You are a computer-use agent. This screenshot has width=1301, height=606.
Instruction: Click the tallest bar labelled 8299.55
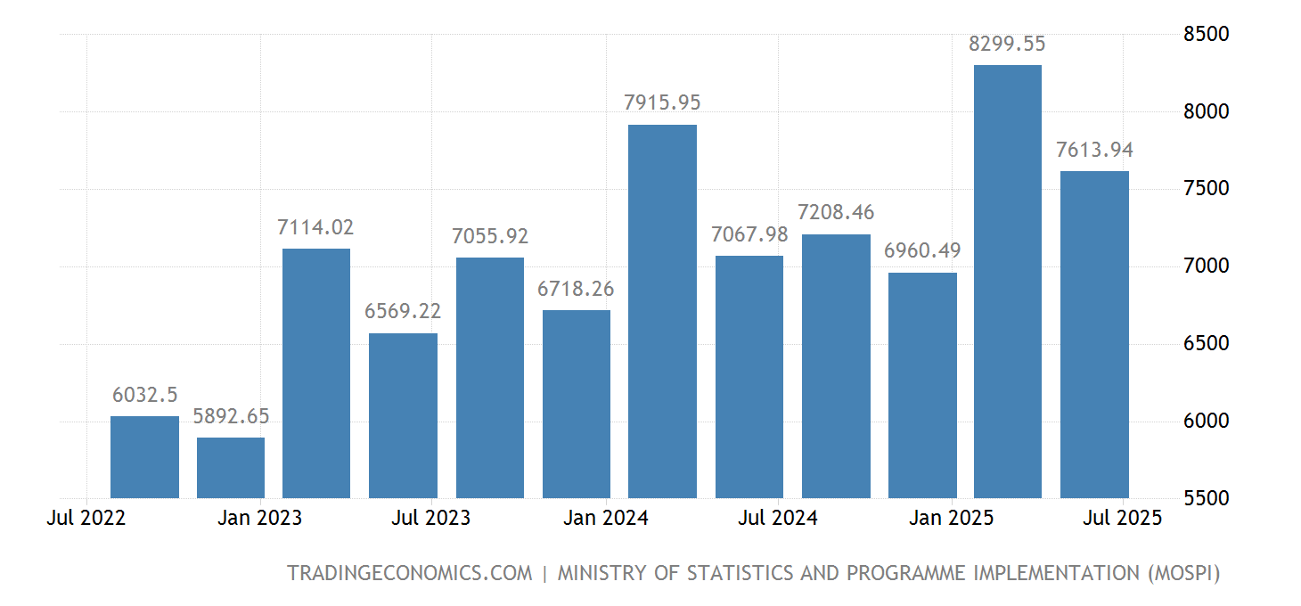[x=1008, y=281]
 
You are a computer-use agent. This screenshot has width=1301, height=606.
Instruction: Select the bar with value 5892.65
[x=231, y=468]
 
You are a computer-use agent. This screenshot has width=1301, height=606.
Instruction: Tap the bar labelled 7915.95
[x=663, y=311]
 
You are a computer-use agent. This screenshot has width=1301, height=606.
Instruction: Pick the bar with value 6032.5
[x=144, y=457]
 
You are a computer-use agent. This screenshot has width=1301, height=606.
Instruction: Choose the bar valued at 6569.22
[x=403, y=415]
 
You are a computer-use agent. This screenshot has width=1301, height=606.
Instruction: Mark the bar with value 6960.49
[x=922, y=385]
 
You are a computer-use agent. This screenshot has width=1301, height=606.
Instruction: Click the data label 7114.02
[x=315, y=227]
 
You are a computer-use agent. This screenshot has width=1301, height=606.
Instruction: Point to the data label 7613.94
[x=1094, y=150]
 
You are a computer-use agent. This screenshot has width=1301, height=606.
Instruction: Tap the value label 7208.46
[x=836, y=213]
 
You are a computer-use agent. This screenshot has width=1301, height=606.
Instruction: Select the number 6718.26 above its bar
[x=576, y=289]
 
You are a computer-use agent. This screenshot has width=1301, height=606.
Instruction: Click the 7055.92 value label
[x=490, y=236]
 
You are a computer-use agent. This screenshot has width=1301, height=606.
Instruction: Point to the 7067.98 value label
[x=749, y=234]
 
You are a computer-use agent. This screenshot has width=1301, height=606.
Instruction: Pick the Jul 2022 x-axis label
[x=86, y=518]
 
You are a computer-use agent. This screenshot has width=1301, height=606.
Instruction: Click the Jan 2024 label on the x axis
[x=606, y=518]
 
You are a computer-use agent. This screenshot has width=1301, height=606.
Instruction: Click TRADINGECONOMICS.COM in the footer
[x=409, y=573]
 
